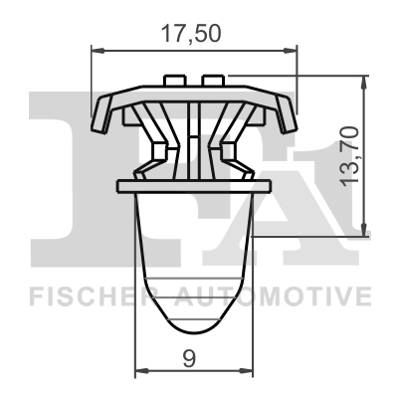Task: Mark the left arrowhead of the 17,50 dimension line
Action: [97, 47]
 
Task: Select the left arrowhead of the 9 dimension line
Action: [140, 369]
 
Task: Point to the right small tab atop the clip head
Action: [212, 79]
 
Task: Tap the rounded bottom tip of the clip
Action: [193, 333]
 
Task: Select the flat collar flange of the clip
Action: [193, 185]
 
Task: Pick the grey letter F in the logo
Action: [60, 179]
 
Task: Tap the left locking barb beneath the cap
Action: [156, 151]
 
